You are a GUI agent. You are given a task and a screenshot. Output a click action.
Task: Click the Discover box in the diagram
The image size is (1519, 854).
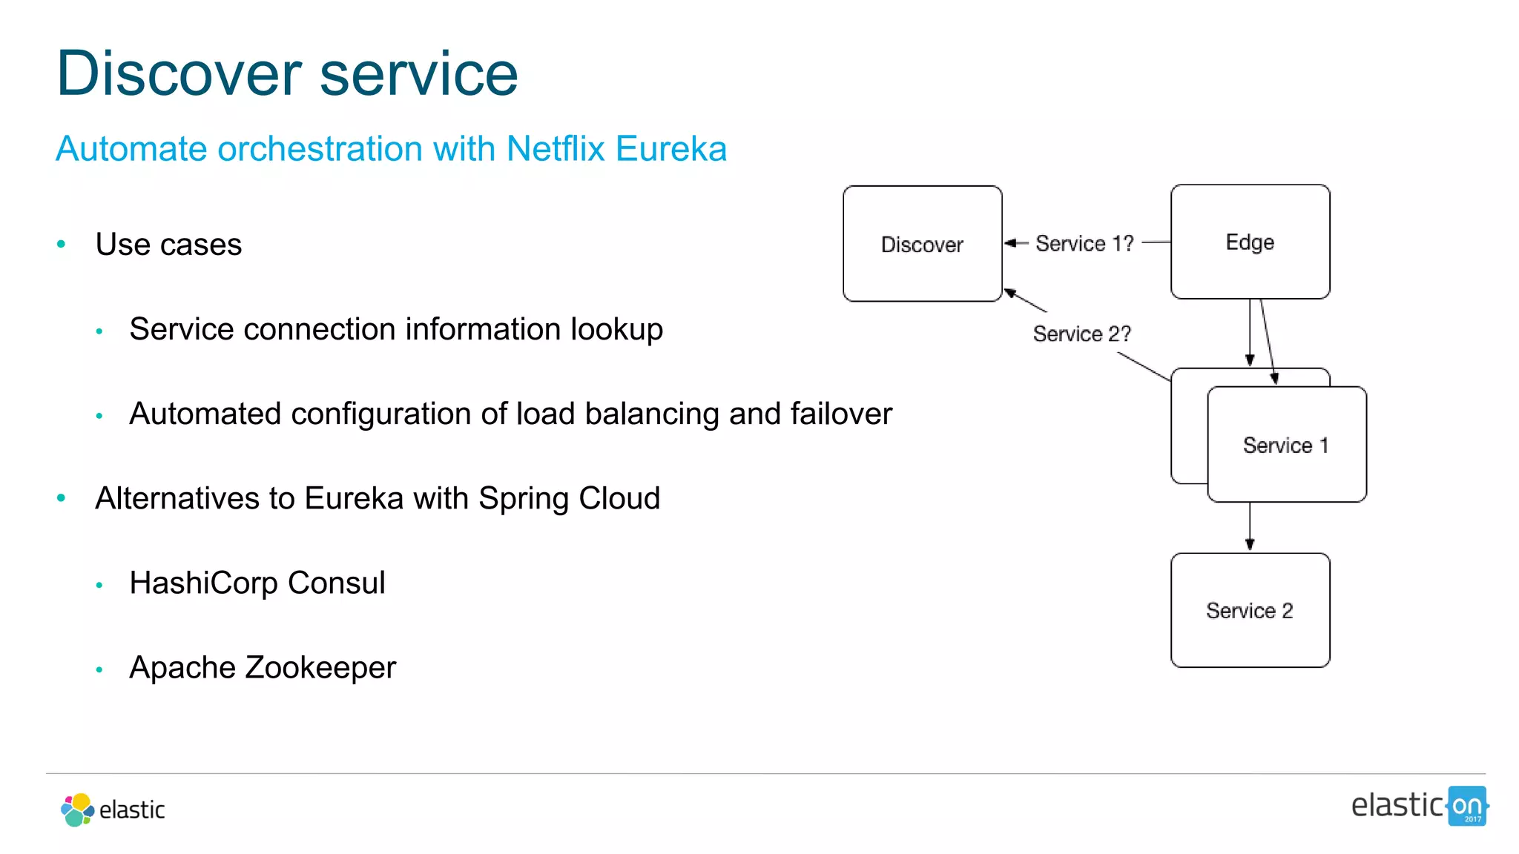pyautogui.click(x=922, y=244)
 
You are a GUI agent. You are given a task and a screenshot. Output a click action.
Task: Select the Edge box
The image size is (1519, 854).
pyautogui.click(x=1250, y=242)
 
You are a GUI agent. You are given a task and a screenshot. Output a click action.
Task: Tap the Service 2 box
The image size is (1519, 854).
pyautogui.click(x=1250, y=610)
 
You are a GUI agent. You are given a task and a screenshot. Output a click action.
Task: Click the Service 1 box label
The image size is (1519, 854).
pyautogui.click(x=1285, y=446)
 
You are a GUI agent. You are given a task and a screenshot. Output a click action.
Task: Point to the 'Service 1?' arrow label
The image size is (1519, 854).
pyautogui.click(x=1084, y=243)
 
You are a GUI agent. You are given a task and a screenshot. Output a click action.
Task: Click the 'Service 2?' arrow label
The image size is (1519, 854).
pyautogui.click(x=1081, y=334)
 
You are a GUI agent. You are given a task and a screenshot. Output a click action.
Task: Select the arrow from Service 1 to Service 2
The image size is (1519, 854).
pyautogui.click(x=1250, y=526)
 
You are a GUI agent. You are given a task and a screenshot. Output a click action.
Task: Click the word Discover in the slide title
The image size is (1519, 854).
pyautogui.click(x=179, y=73)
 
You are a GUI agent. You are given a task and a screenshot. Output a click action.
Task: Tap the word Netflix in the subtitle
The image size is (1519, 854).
pyautogui.click(x=556, y=149)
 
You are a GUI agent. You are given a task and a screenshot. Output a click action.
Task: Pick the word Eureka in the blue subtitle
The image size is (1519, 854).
pyautogui.click(x=671, y=149)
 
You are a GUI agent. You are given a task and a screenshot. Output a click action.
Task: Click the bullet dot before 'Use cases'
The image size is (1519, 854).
pyautogui.click(x=62, y=244)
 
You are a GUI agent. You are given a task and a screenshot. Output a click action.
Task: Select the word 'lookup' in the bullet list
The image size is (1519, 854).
pyautogui.click(x=616, y=330)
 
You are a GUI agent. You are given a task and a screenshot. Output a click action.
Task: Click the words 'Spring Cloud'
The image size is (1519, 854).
pyautogui.click(x=569, y=498)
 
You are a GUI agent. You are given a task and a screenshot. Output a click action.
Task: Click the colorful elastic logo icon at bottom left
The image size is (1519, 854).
pyautogui.click(x=77, y=810)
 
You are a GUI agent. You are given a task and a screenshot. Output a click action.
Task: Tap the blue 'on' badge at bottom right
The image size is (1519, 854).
pyautogui.click(x=1467, y=806)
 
